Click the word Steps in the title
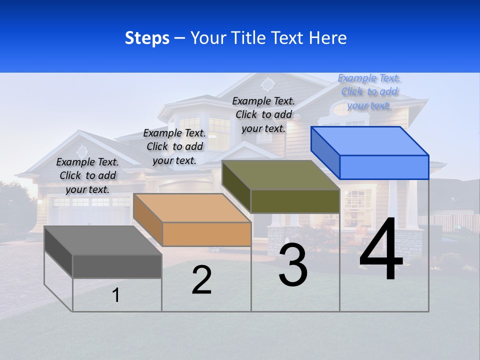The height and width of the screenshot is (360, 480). [x=147, y=38]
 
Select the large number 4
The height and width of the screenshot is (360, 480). [x=381, y=250]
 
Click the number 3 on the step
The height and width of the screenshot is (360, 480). [x=293, y=265]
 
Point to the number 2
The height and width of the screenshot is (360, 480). [x=201, y=280]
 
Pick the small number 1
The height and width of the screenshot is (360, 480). [x=116, y=295]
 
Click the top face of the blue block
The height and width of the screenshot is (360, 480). [x=370, y=141]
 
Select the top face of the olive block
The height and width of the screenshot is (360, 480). [x=281, y=175]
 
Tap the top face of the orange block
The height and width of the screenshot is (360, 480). [x=192, y=208]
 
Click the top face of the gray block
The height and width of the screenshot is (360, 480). [x=103, y=240]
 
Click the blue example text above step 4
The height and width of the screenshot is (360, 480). [x=369, y=92]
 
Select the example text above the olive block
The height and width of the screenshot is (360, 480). [x=263, y=114]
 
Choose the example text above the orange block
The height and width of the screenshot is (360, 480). [x=174, y=146]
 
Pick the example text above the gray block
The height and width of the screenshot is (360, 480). [x=87, y=175]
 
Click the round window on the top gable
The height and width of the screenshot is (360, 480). [x=268, y=83]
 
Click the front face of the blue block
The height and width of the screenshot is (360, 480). [x=384, y=167]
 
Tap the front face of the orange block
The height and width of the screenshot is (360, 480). [x=206, y=234]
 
